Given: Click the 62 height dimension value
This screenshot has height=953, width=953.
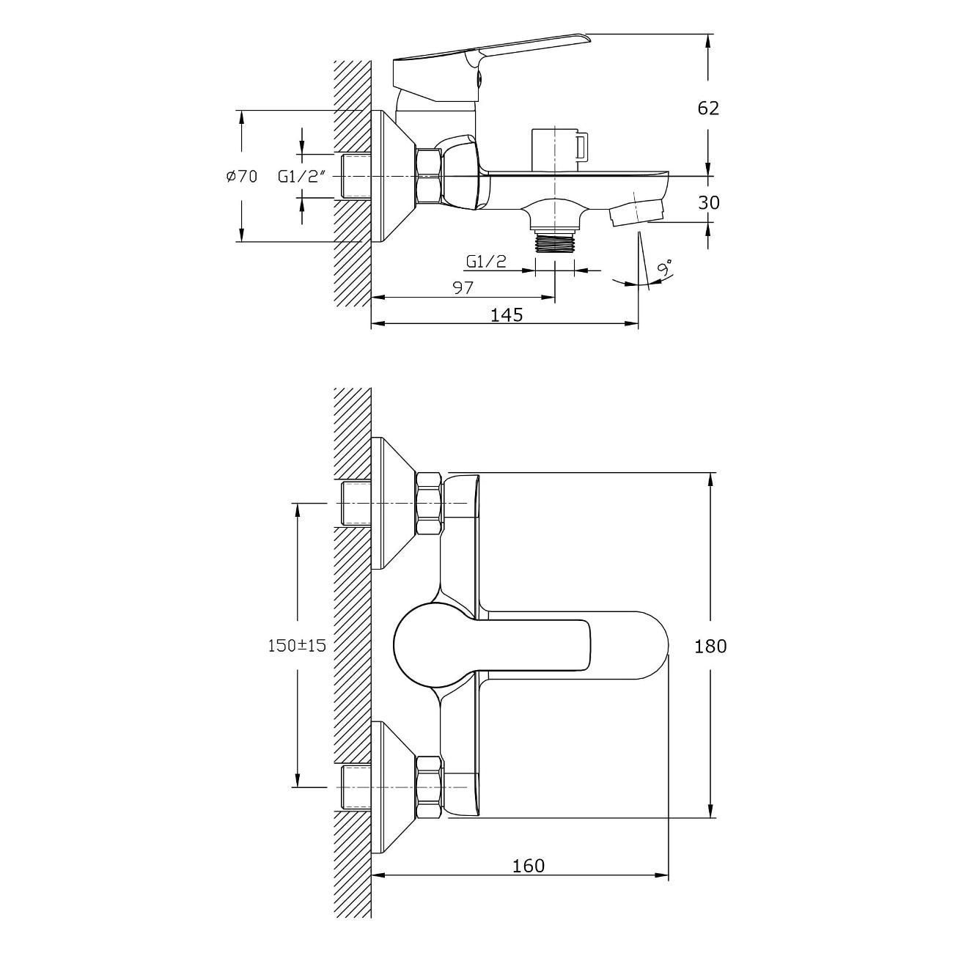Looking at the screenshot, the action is coord(708,108).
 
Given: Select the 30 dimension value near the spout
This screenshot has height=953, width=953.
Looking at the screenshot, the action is coord(708,203).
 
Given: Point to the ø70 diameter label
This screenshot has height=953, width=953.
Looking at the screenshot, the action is coord(242,177).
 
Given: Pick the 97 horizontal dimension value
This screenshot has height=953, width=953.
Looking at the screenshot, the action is coord(463,287).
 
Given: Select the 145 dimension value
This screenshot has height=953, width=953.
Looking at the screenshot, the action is coord(507,314).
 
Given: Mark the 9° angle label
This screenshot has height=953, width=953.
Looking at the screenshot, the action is coord(664,268).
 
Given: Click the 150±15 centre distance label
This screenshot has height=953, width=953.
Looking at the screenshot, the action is coord(297,645).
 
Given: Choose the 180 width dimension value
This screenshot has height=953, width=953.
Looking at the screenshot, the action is coord(710,646).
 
